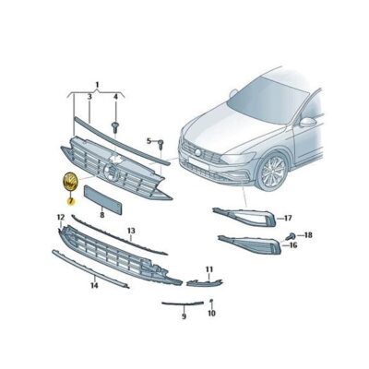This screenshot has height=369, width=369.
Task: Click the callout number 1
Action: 97,85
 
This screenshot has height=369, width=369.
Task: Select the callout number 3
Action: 89,97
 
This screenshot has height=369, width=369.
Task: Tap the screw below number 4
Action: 115,126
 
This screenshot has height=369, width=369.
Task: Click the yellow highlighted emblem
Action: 70,181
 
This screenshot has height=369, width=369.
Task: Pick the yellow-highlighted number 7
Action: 71,201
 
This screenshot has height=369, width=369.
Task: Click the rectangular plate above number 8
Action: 103,199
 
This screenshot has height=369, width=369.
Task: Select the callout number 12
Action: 61,218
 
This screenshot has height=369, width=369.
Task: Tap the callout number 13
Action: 131,231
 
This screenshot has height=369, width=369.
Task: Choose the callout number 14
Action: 94,285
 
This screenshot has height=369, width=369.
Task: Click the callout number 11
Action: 209,269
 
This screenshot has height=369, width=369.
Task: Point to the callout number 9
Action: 184,316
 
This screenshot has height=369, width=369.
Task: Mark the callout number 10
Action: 211,313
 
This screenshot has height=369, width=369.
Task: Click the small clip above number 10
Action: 211,300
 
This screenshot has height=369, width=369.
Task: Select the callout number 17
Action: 288,219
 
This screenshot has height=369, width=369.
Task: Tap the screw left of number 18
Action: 291,237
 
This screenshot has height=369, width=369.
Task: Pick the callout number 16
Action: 293,245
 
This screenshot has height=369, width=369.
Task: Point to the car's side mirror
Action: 308,122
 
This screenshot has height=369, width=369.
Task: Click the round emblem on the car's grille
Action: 198,152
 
